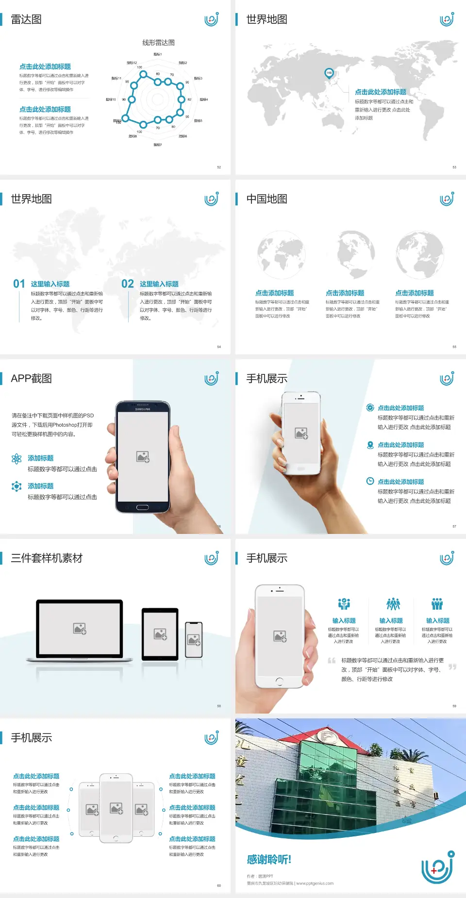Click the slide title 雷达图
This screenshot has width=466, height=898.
point(26,19)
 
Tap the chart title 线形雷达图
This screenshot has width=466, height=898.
point(158,43)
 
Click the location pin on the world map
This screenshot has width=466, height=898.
point(329,73)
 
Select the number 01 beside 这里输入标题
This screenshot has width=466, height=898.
point(19,284)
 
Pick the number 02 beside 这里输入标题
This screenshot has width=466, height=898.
point(128,284)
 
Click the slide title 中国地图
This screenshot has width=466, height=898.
point(266,199)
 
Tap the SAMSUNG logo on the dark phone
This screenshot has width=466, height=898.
point(143,409)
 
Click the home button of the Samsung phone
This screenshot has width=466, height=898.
point(142,508)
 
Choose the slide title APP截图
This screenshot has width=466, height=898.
point(31,379)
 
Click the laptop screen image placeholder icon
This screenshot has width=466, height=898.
point(80,629)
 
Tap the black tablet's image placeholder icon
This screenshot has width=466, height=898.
point(160,634)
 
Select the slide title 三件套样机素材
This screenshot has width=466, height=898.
point(47,558)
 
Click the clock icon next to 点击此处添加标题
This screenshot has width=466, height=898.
point(370,481)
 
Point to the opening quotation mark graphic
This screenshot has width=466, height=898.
point(332,661)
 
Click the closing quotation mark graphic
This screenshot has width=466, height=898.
point(452,667)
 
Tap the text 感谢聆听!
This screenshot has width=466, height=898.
point(269,860)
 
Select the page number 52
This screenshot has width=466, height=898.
point(219,167)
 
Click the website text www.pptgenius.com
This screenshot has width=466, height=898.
point(315,883)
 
